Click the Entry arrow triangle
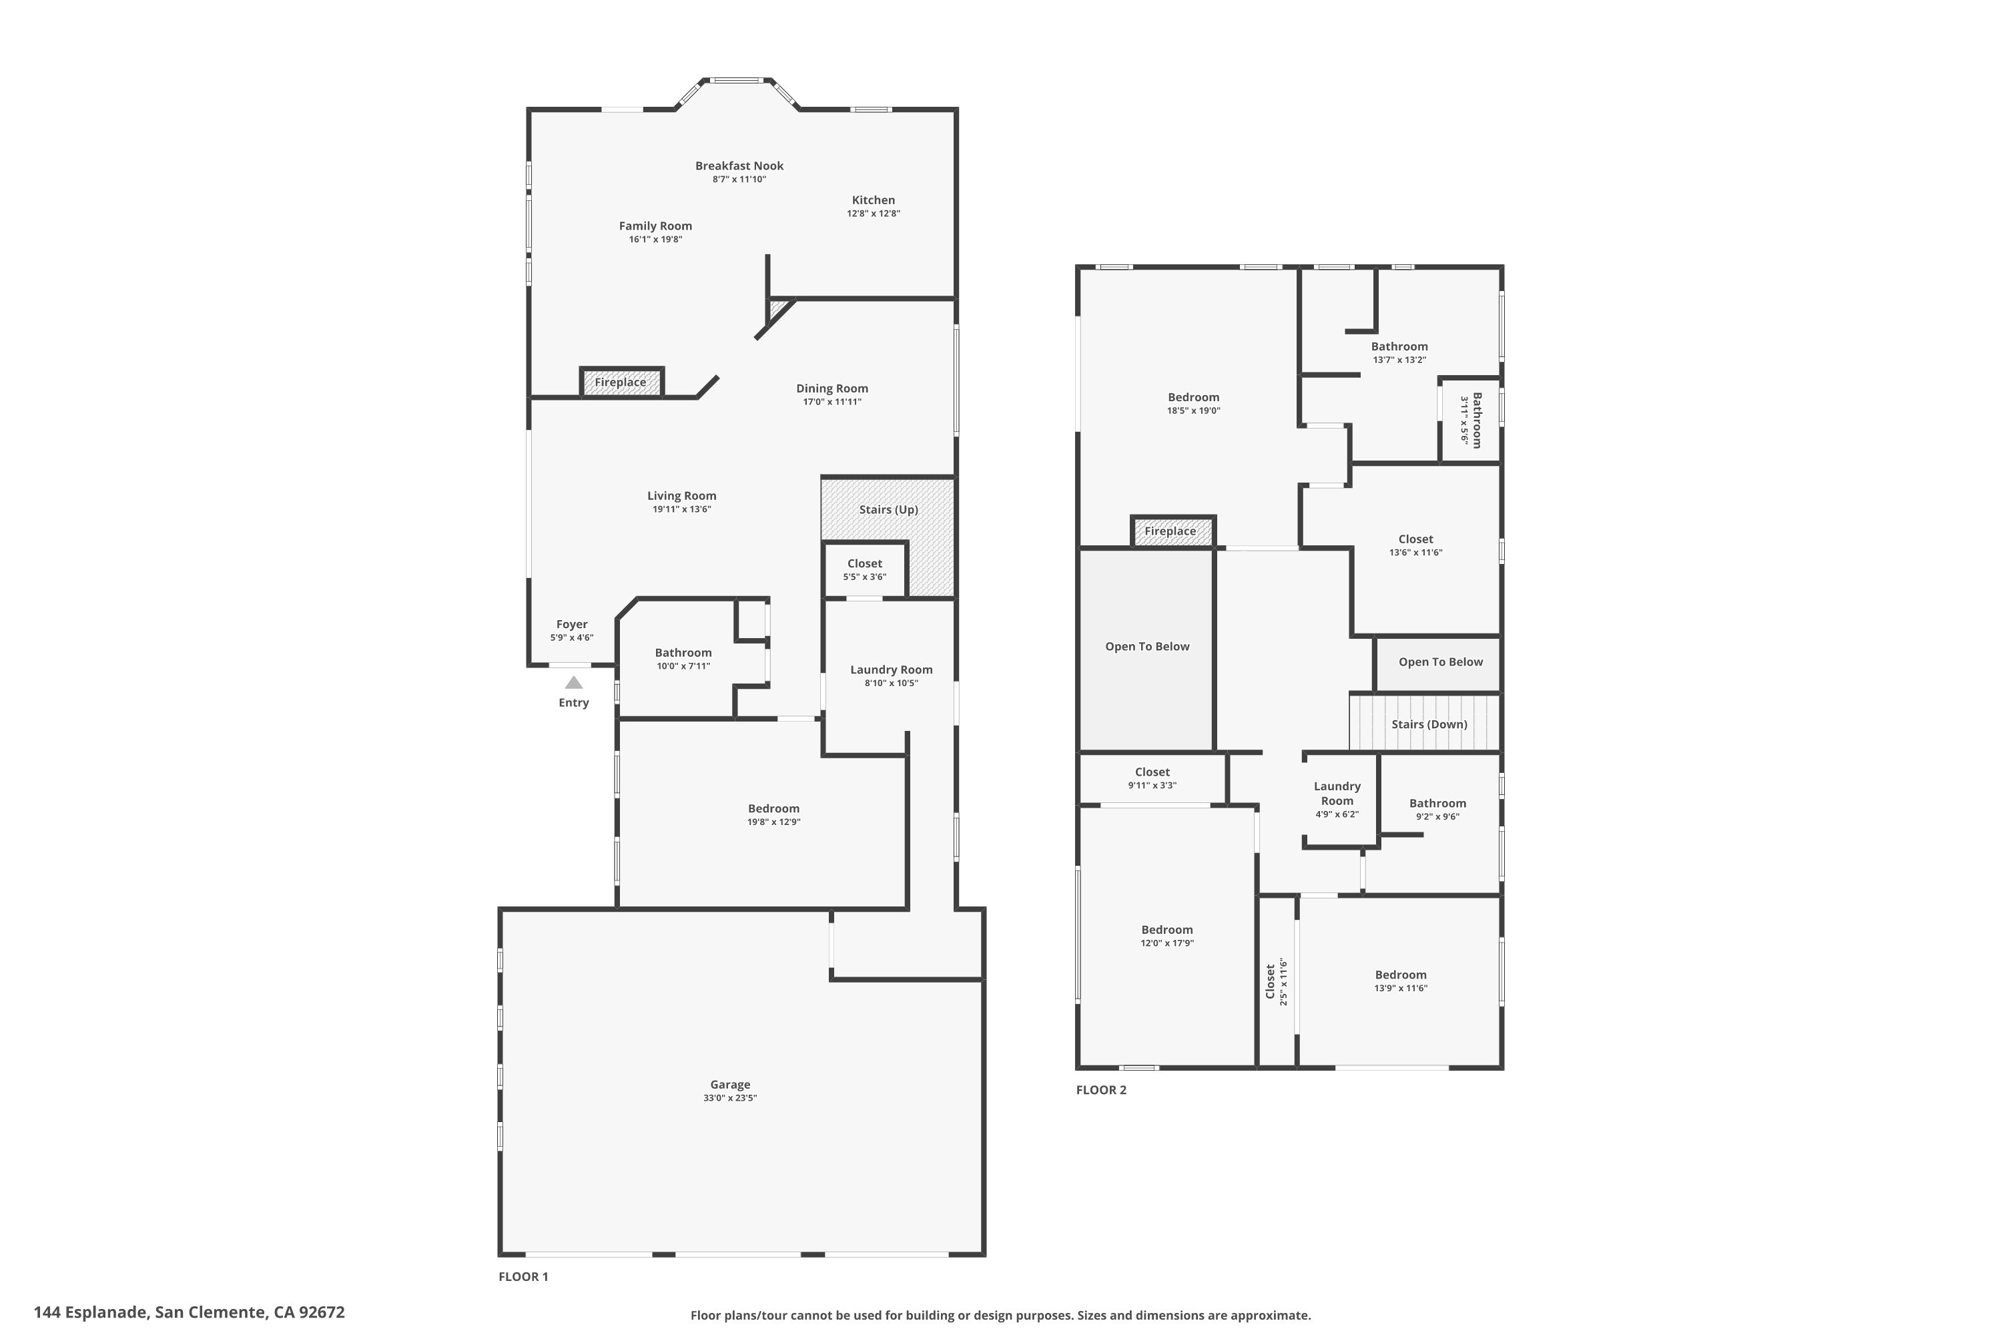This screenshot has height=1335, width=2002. (574, 682)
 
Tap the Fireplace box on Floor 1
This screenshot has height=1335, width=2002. (621, 382)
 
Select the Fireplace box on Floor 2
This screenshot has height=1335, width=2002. (1171, 531)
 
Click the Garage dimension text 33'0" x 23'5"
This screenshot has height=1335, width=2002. (729, 1098)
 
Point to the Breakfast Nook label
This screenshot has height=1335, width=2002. (739, 166)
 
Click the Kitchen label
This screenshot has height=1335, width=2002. (874, 200)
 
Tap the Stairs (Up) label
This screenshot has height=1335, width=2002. (888, 509)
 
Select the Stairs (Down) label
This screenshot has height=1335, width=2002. (1429, 724)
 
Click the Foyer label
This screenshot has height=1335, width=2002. (572, 624)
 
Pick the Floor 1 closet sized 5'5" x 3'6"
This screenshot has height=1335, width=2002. (865, 569)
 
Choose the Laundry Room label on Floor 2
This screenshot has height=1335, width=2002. (1337, 794)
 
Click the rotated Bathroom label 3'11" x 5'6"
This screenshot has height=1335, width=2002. (1471, 420)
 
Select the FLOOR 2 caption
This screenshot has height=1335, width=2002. (1100, 1090)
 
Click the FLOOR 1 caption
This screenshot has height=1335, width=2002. (523, 1276)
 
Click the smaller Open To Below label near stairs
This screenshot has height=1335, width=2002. (1440, 661)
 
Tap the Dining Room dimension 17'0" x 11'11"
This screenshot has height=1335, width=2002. (831, 402)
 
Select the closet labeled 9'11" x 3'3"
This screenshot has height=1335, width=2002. (1152, 778)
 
